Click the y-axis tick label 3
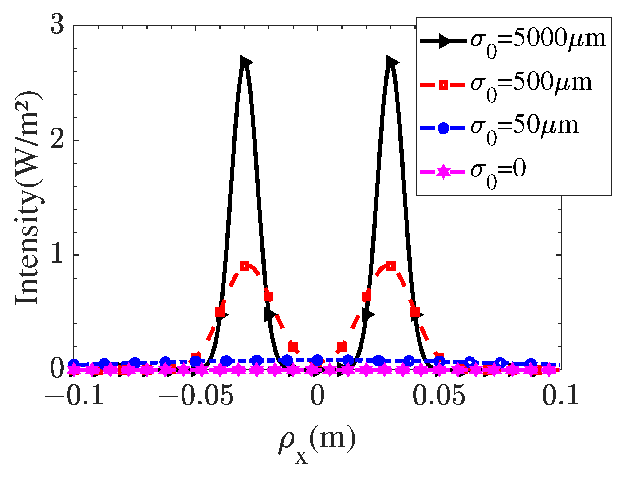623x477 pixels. pyautogui.click(x=58, y=25)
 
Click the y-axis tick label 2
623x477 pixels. pyautogui.click(x=58, y=140)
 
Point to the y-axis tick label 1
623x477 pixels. pyautogui.click(x=58, y=255)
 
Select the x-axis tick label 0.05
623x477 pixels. pyautogui.click(x=439, y=396)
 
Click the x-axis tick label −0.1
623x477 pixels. pyautogui.click(x=74, y=396)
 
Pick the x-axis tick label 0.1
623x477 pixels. pyautogui.click(x=560, y=396)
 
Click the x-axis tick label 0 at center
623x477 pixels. pyautogui.click(x=317, y=396)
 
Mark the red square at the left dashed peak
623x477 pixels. pyautogui.click(x=245, y=266)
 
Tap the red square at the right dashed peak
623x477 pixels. pyautogui.click(x=391, y=266)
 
